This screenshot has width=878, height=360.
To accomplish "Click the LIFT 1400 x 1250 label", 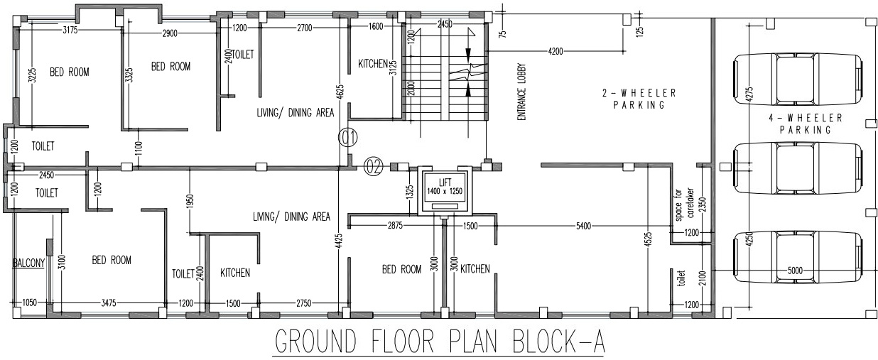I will [x=445, y=187].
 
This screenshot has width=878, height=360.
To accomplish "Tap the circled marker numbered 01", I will [x=348, y=137].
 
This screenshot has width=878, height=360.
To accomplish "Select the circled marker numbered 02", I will [x=374, y=167].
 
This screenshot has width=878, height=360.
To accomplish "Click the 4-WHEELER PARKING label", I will [x=805, y=124].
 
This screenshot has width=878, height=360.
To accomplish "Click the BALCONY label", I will [x=28, y=263].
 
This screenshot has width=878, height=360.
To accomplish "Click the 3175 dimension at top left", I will [x=70, y=30].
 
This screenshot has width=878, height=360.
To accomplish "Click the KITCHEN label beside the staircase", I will [x=373, y=64].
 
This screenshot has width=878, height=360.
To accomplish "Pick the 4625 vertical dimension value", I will [x=340, y=91].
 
